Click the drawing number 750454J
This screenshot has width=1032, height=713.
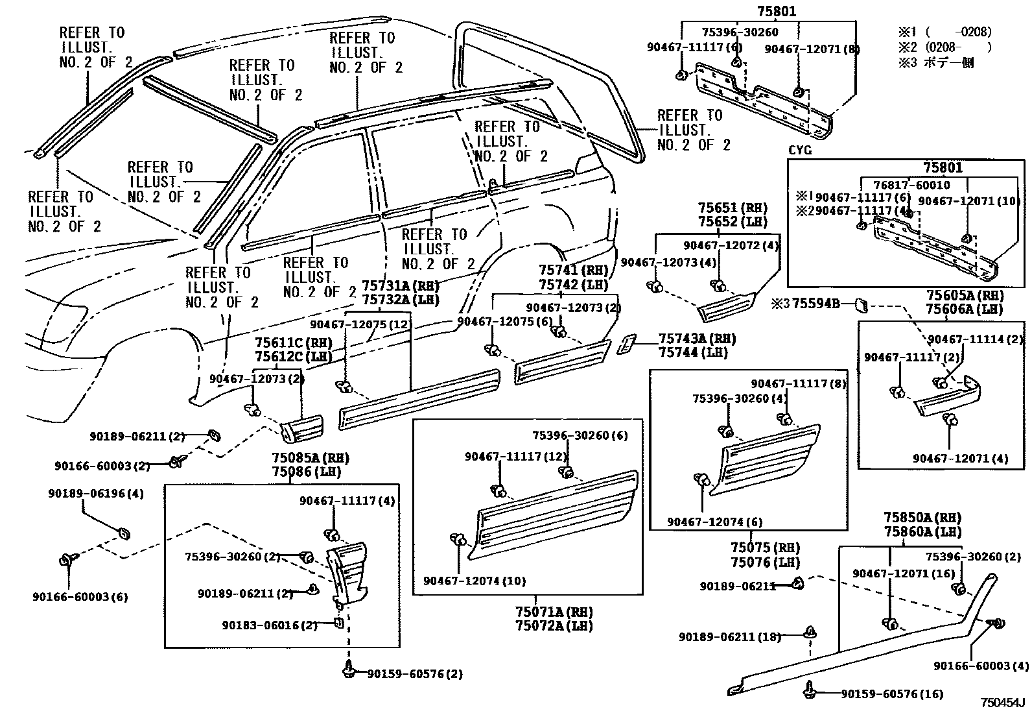[x=1002, y=703]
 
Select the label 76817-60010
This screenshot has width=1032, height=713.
[x=911, y=185]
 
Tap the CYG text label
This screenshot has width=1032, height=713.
[x=799, y=151]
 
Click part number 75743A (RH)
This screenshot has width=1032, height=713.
[x=697, y=339]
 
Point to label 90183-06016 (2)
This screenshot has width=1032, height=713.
[x=269, y=625]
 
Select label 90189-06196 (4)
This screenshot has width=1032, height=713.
[x=95, y=493]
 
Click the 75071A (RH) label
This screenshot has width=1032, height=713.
[x=554, y=611]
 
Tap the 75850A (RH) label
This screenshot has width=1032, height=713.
[x=922, y=518]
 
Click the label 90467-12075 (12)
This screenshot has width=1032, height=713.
[x=360, y=324]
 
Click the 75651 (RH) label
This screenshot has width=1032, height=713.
[x=733, y=208]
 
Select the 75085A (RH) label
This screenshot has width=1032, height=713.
[x=310, y=457]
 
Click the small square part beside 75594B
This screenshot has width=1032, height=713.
[x=862, y=304]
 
